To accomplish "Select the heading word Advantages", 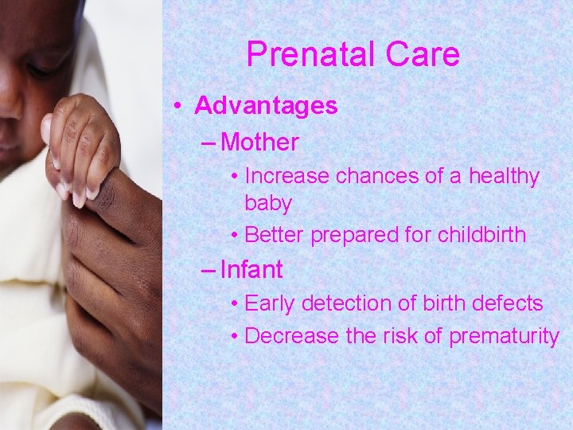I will (266, 106).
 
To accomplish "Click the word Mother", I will (260, 143).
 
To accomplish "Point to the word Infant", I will (251, 270).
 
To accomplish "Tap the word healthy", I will (501, 176).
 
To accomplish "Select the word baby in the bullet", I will (268, 203).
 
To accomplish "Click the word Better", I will (275, 235).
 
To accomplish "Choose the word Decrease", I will (292, 336).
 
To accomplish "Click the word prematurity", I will (504, 336).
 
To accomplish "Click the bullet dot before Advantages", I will (182, 107).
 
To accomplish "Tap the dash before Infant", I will (209, 271).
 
